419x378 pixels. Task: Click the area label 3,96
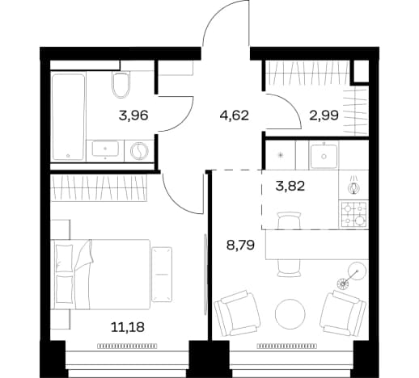[x=133, y=115]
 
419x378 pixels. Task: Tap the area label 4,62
[x=234, y=115]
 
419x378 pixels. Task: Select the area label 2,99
[x=324, y=115]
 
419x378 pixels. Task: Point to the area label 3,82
[x=290, y=186]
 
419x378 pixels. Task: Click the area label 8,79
[x=241, y=246]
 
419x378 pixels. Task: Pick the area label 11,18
[x=128, y=327]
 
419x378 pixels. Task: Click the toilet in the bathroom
[x=121, y=85]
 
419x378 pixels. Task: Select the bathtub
[x=68, y=117]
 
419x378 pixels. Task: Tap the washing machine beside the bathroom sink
[x=139, y=151]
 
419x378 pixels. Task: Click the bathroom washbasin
[x=105, y=149]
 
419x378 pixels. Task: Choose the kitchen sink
[x=324, y=156]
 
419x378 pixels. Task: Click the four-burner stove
[x=353, y=214]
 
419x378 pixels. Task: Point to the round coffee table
[x=290, y=314]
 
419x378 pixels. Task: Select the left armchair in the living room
[x=237, y=313]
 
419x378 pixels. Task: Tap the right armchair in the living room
[x=343, y=313]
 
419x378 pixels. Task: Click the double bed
[x=100, y=274]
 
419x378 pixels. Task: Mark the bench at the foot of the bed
[x=162, y=274]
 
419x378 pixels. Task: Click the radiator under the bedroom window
[x=127, y=346]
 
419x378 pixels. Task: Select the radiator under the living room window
[x=286, y=346]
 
